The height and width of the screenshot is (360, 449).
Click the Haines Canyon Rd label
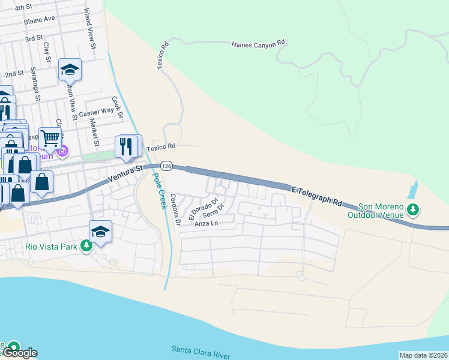pos(258,44)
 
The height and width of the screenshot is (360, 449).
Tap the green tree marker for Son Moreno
pos(412,209)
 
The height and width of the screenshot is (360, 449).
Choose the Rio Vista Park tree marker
pos(86,245)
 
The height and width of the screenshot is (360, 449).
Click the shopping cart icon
pos(50,139)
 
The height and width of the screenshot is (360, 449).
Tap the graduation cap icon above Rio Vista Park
pos(101,231)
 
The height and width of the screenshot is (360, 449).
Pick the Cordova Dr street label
pos(175,209)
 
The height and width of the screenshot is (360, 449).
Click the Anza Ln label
pos(205,224)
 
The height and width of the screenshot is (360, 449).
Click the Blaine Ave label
pos(40,19)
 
